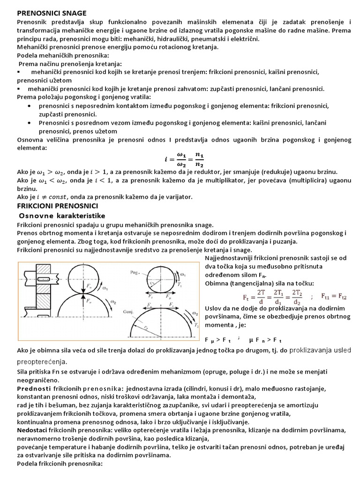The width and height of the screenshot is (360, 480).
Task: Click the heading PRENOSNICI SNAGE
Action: point(52,13)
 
